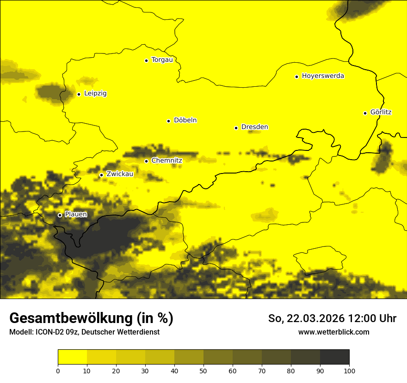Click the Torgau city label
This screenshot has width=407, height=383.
click(x=162, y=60)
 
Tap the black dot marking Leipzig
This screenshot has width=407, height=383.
click(x=79, y=94)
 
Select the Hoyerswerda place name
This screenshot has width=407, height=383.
click(x=323, y=76)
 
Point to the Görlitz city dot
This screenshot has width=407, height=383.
click(x=365, y=113)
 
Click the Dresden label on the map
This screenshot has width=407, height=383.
click(x=254, y=127)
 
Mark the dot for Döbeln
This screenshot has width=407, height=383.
click(x=168, y=121)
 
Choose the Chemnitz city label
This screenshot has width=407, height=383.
click(x=166, y=161)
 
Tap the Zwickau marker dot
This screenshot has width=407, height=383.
click(x=101, y=175)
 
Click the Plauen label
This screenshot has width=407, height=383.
click(x=76, y=215)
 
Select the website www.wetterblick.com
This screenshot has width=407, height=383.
click(x=333, y=332)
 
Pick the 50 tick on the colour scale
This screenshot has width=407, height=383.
click(x=203, y=371)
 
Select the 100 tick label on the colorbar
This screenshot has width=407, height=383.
click(x=349, y=371)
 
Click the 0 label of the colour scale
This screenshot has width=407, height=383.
click(x=58, y=371)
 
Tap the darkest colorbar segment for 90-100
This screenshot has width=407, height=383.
click(x=334, y=357)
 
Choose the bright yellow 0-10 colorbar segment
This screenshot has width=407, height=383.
click(x=72, y=357)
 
